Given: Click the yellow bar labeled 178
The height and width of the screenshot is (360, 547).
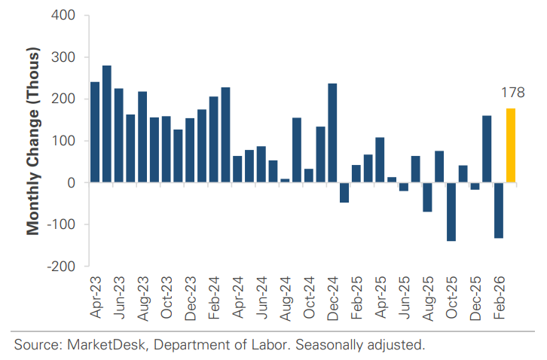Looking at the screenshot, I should pos(510,145).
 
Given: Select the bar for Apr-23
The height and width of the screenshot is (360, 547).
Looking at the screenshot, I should pos(95,132).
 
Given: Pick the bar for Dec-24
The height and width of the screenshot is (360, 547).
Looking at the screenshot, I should pos(332,133).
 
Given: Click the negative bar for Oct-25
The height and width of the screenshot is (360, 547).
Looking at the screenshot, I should pos(451,212).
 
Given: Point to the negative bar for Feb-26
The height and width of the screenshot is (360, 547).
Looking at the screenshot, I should pos(498,210).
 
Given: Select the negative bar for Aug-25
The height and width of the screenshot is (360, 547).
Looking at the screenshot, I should pos(427,197).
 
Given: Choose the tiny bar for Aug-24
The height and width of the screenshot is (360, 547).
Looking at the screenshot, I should pos(285,180).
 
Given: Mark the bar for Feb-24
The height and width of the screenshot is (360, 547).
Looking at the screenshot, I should pos(213,139).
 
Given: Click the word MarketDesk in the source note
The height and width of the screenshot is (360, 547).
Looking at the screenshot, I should pos(96,346).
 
